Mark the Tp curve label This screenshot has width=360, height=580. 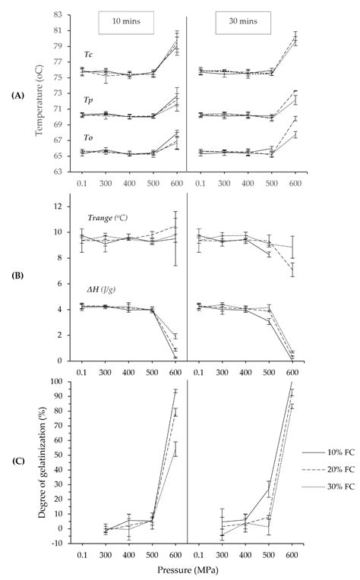click(89, 99)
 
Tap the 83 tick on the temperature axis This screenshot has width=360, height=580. click(58, 15)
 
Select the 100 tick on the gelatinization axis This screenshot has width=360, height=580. click(56, 382)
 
